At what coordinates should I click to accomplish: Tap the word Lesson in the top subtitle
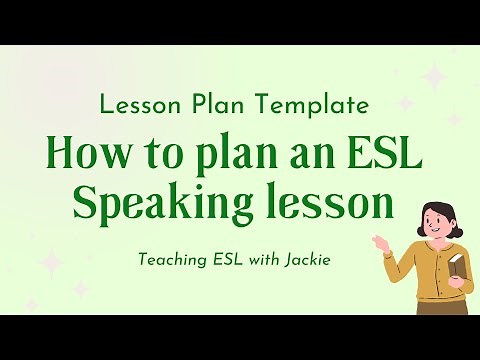click(x=135, y=103)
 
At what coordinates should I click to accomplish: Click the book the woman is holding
click(x=457, y=267)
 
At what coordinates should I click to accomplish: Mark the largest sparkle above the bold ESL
click(x=434, y=78)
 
